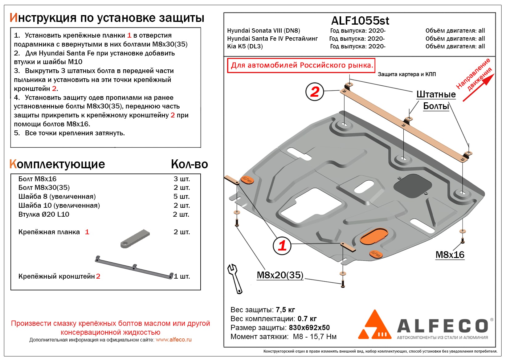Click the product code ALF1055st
click(x=360, y=21)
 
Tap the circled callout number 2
click(x=314, y=92)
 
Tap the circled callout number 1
click(x=282, y=245)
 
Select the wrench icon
click(x=235, y=278)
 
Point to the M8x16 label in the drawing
click(x=450, y=255)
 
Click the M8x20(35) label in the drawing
click(x=280, y=275)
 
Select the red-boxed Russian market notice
click(x=301, y=65)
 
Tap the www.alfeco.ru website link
click(x=173, y=340)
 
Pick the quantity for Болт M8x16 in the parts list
click(x=182, y=179)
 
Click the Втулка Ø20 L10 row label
click(x=44, y=214)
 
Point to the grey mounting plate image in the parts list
click(x=135, y=239)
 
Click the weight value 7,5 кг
click(x=285, y=310)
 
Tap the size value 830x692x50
click(x=309, y=328)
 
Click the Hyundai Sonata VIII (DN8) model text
click(x=263, y=31)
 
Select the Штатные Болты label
click(x=436, y=100)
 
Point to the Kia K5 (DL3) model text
click(x=245, y=46)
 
